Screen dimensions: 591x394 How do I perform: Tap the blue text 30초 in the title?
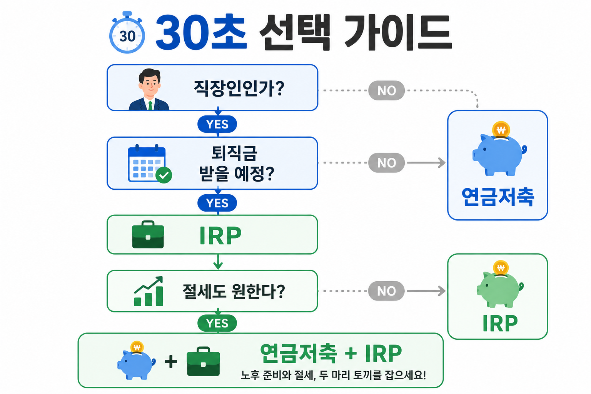[201, 32]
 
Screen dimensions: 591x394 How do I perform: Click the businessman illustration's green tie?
[150, 105]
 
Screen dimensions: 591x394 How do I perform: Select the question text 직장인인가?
[239, 88]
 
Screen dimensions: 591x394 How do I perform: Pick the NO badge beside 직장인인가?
[387, 90]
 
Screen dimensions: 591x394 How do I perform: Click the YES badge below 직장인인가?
[217, 124]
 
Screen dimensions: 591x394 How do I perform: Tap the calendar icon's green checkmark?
[164, 175]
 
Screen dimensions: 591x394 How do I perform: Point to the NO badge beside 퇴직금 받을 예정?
[387, 163]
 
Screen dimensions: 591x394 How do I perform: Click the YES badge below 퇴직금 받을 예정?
[217, 203]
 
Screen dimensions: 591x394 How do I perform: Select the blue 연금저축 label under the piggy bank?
[498, 197]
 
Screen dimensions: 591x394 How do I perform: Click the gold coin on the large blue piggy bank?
[501, 130]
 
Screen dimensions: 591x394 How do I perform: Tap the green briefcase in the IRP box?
[148, 234]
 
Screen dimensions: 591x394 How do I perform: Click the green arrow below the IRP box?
[218, 262]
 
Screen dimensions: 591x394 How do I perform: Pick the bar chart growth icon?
[149, 291]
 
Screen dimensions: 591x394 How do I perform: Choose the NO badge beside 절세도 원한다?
[387, 291]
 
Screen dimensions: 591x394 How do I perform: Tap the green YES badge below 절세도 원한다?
[217, 323]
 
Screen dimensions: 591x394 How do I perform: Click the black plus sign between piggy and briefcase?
[171, 361]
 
